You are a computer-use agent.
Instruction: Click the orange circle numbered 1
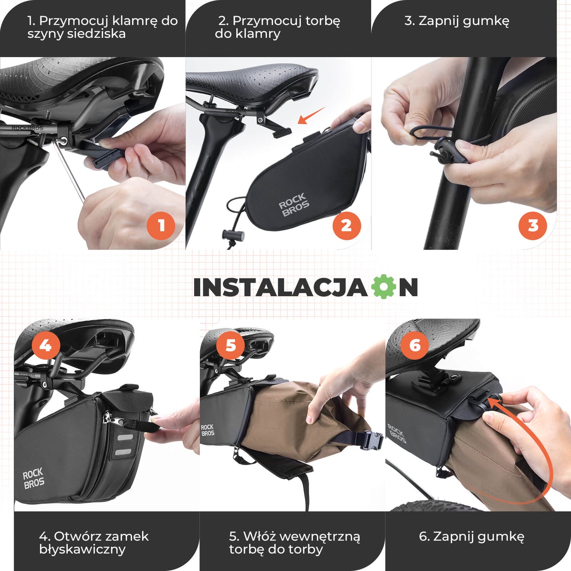pyautogui.click(x=161, y=225)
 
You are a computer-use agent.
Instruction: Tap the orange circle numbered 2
pyautogui.click(x=347, y=225)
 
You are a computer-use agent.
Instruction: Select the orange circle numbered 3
pyautogui.click(x=533, y=225)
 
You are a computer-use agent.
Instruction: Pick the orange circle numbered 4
pyautogui.click(x=46, y=346)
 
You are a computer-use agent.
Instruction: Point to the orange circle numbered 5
pyautogui.click(x=231, y=346)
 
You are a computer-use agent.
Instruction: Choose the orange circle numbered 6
pyautogui.click(x=415, y=346)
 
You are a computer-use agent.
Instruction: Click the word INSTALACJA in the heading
pyautogui.click(x=280, y=287)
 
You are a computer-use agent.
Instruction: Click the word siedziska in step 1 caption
pyautogui.click(x=96, y=34)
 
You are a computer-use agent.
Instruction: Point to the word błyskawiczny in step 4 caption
pyautogui.click(x=82, y=550)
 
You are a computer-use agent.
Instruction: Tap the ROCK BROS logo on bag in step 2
pyautogui.click(x=293, y=204)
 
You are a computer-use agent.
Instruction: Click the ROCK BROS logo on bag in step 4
pyautogui.click(x=33, y=478)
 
